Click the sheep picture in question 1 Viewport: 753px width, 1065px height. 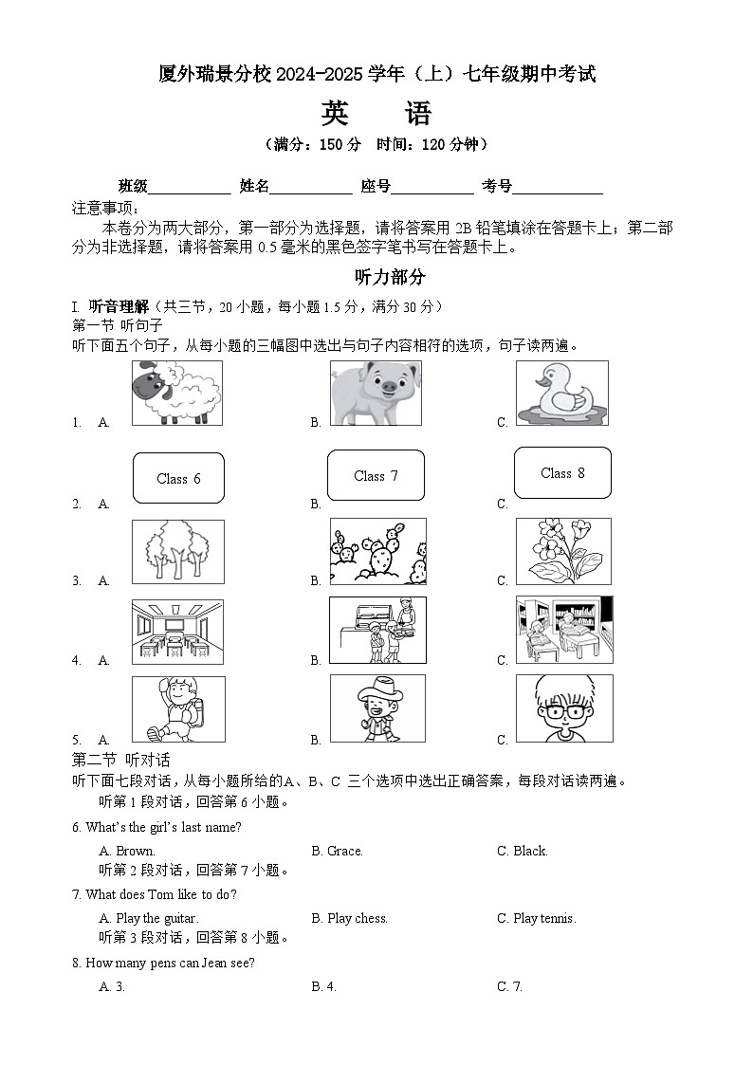176,393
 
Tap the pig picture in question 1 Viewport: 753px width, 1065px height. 376,393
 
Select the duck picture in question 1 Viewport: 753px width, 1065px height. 561,393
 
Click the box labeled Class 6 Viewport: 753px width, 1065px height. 178,478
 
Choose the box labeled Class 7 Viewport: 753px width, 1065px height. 376,475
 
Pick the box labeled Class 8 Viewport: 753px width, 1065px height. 562,472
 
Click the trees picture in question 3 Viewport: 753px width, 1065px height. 178,551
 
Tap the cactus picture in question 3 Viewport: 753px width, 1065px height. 377,551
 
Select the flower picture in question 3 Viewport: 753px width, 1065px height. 563,551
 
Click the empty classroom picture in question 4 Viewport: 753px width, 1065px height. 177,632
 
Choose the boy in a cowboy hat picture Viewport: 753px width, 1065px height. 377,708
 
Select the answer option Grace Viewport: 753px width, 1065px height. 344,851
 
